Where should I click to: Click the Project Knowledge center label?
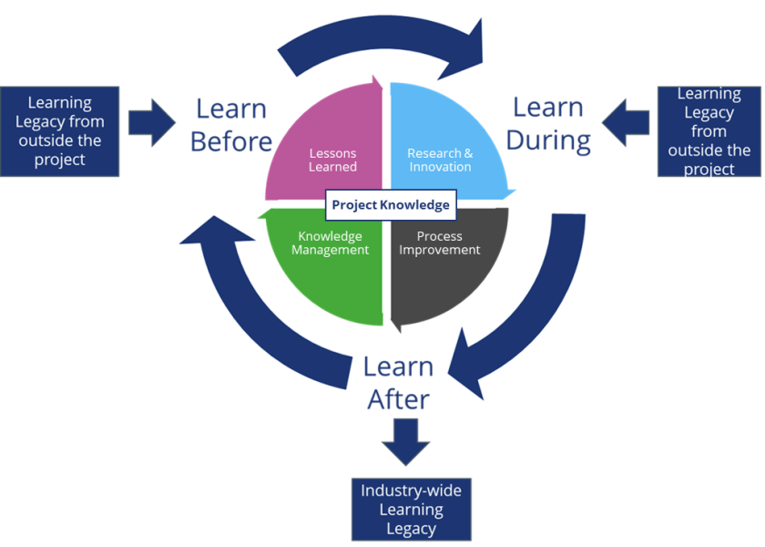[x=390, y=205]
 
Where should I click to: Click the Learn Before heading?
[x=231, y=125]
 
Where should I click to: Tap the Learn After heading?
[x=398, y=383]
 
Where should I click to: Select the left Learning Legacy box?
[x=60, y=131]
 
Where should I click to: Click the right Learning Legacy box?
[x=709, y=131]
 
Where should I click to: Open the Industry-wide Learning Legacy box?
[x=411, y=509]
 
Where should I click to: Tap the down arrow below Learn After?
[x=405, y=441]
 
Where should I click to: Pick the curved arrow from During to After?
[x=528, y=310]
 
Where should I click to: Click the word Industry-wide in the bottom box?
[x=411, y=490]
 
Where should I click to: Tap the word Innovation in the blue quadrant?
[x=440, y=167]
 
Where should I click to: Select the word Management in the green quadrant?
[x=331, y=250]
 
